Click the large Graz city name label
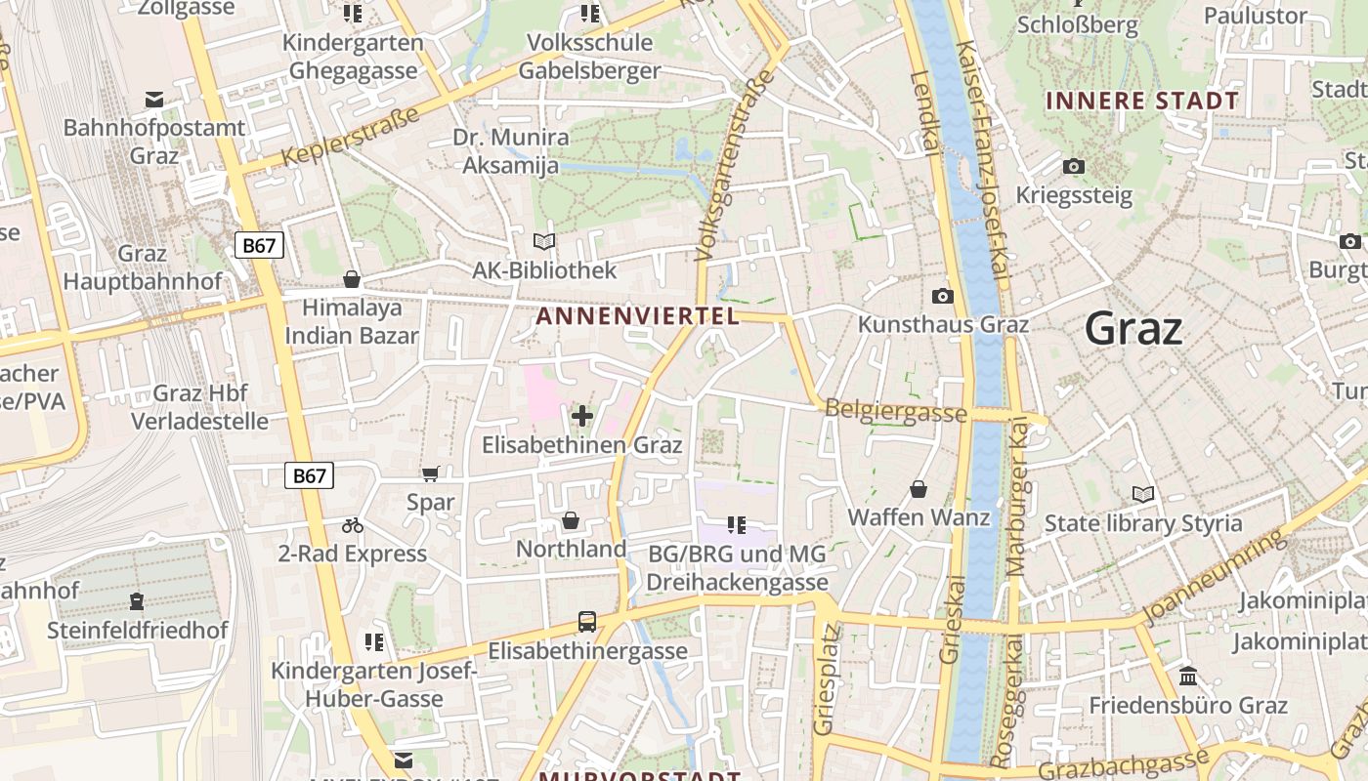tap(1133, 328)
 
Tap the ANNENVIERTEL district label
tap(637, 315)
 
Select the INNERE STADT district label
tap(1141, 101)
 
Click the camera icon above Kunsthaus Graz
tap(943, 296)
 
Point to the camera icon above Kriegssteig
tap(1074, 167)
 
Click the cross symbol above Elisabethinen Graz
tap(582, 417)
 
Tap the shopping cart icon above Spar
tap(430, 474)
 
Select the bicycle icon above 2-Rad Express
tap(353, 526)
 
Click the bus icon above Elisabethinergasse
tap(587, 621)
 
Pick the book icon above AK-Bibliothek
tap(544, 241)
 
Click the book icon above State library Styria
tap(1142, 495)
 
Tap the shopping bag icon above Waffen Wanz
tap(919, 489)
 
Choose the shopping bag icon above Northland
tap(571, 521)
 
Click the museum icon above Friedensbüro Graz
tap(1188, 677)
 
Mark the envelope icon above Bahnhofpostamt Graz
tap(154, 100)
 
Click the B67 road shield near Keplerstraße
tap(259, 245)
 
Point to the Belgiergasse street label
tap(896, 410)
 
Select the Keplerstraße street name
tap(350, 136)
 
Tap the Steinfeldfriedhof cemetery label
tap(137, 630)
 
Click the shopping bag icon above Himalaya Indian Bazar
tap(352, 280)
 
